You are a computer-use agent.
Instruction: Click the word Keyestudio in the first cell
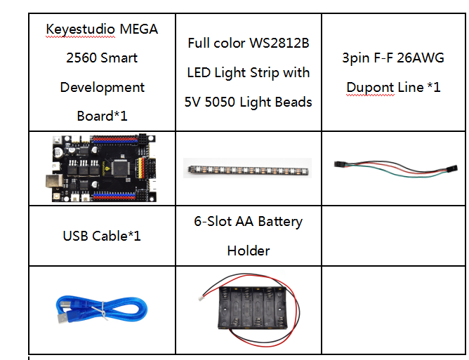(x=80, y=29)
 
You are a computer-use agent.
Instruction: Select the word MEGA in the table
(x=139, y=29)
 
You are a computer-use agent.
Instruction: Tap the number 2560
(x=81, y=58)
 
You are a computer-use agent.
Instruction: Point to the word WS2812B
(x=279, y=43)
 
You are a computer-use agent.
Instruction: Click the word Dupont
(x=370, y=88)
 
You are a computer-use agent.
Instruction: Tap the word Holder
(x=249, y=251)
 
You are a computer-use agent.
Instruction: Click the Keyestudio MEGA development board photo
(x=101, y=168)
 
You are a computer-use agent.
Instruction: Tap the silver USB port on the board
(x=54, y=182)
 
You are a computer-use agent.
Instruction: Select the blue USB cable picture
(x=102, y=309)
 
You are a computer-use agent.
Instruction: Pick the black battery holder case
(x=253, y=308)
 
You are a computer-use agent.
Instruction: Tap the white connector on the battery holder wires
(x=201, y=298)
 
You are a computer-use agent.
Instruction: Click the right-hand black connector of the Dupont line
(x=451, y=168)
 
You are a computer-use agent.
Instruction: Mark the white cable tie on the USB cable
(x=103, y=311)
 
